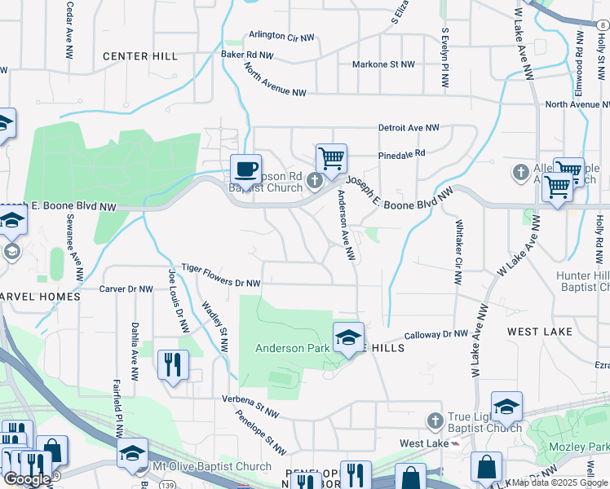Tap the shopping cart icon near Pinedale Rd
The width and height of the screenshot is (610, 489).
331,159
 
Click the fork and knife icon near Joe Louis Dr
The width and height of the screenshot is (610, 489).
172,365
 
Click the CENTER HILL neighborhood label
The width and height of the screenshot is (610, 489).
140,56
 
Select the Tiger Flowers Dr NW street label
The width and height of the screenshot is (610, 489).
220,275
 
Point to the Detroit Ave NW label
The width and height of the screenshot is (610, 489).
408,129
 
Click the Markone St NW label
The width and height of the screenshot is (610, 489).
382,64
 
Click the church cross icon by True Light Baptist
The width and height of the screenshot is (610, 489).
435,420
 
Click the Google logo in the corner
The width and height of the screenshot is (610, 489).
27,479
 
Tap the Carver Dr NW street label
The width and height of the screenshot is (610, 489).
126,289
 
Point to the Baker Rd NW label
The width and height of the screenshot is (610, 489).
247,55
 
